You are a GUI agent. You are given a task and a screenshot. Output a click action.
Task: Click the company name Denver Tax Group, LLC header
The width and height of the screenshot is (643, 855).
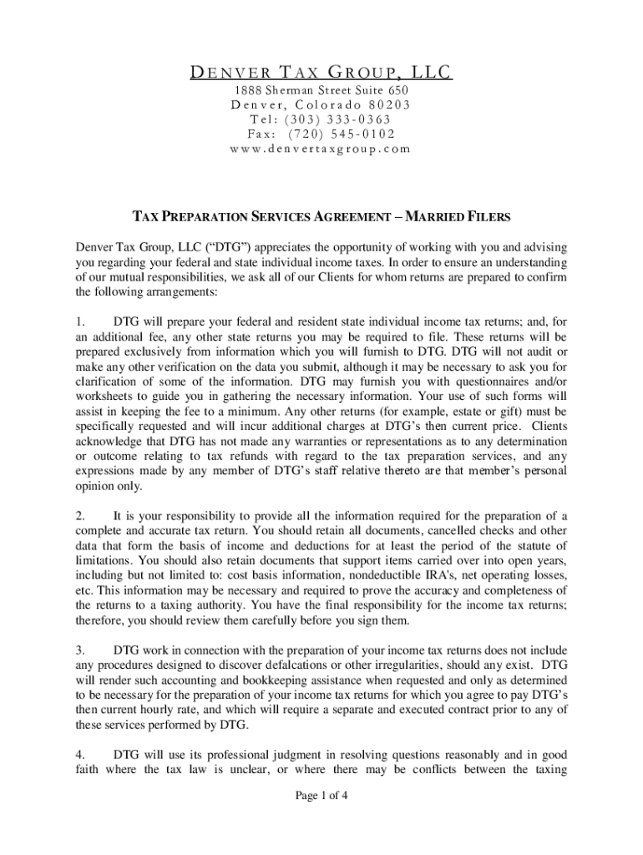click(321, 73)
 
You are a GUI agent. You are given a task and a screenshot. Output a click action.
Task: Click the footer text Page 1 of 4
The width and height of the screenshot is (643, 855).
click(321, 795)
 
